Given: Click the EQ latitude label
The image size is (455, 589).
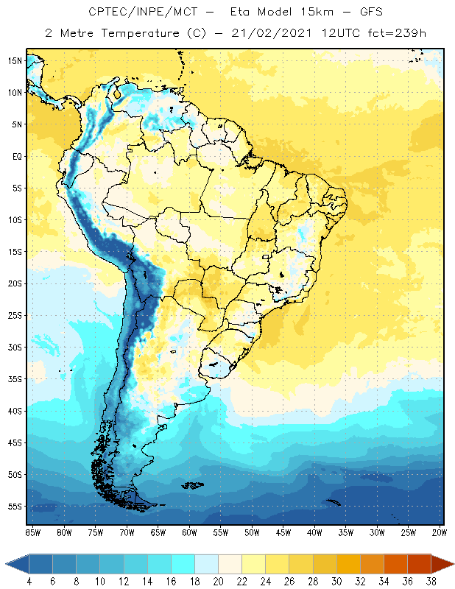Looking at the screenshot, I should pyautogui.click(x=15, y=156).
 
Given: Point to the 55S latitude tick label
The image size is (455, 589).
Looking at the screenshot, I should pyautogui.click(x=15, y=507).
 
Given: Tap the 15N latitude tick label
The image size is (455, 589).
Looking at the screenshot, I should pyautogui.click(x=15, y=60).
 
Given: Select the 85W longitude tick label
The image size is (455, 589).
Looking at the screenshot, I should pyautogui.click(x=32, y=532).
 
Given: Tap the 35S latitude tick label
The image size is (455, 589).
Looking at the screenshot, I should pyautogui.click(x=15, y=379).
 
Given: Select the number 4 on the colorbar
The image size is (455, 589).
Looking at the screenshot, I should pyautogui.click(x=29, y=582).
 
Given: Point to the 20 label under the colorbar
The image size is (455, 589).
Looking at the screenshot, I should pyautogui.click(x=218, y=582).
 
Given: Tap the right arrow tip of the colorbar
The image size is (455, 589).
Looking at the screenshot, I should pyautogui.click(x=453, y=564).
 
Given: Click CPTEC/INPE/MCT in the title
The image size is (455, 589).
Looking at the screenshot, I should pyautogui.click(x=136, y=13).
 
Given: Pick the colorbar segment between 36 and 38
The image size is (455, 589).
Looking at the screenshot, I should pyautogui.click(x=420, y=564).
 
